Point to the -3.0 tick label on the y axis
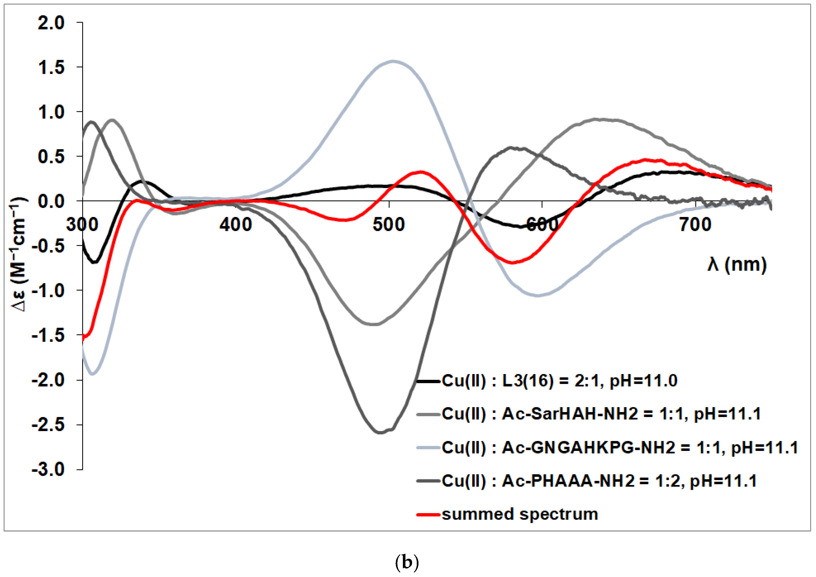[x=48, y=469]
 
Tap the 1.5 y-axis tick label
[x=51, y=68]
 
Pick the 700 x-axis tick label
[x=695, y=225]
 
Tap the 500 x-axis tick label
[x=389, y=225]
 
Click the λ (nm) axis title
[x=737, y=264]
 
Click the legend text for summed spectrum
[x=520, y=514]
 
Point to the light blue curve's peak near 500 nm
[x=393, y=61]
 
